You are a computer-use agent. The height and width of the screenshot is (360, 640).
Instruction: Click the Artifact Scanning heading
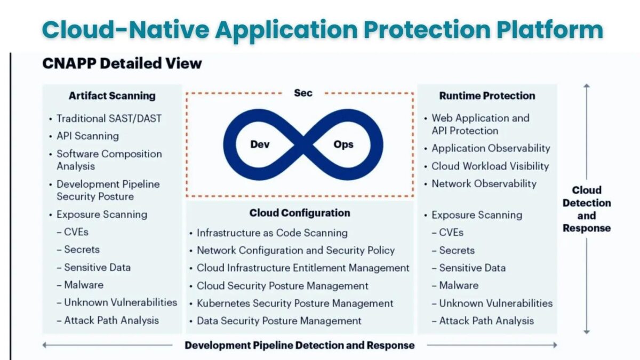tap(112, 96)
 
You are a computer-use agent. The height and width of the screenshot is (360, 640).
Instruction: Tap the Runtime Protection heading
tap(487, 96)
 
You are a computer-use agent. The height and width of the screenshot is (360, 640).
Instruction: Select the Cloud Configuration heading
tap(300, 213)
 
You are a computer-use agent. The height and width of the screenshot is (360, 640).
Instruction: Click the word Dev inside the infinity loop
tap(260, 145)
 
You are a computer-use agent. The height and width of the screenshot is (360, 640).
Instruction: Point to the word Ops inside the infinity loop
tap(343, 145)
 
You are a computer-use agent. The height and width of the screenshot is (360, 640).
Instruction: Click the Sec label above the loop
tap(303, 93)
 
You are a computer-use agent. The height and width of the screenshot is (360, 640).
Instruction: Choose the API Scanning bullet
tap(87, 136)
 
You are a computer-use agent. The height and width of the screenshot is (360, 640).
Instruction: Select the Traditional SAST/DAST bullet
tap(109, 118)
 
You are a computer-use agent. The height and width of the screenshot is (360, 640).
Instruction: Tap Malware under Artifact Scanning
tap(84, 285)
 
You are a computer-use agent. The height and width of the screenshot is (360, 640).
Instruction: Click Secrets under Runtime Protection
tap(457, 250)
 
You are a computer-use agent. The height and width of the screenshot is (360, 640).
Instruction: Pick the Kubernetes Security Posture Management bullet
tap(294, 303)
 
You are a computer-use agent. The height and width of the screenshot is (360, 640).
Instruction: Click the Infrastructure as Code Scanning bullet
tap(272, 233)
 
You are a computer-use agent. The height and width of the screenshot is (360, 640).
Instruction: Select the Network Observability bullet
tap(484, 183)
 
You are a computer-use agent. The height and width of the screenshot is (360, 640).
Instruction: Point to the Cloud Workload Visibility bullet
tap(490, 166)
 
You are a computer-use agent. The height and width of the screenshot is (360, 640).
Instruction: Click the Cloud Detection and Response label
tap(586, 209)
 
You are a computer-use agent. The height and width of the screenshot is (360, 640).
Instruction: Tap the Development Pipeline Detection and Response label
tap(299, 345)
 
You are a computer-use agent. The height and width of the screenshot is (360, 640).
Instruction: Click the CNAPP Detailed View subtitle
tap(122, 63)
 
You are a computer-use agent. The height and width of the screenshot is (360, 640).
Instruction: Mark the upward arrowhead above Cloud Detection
tap(587, 86)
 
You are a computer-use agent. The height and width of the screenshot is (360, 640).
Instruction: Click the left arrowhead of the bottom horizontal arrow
tap(45, 345)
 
